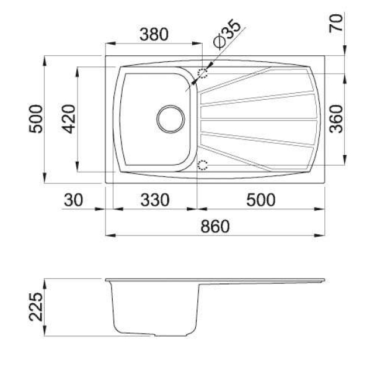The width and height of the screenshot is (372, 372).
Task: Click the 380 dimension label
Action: (154, 34)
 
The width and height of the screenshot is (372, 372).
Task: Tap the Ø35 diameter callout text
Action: (226, 34)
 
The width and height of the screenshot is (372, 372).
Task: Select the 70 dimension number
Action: (336, 23)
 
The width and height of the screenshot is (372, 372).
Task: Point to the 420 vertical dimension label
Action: (69, 119)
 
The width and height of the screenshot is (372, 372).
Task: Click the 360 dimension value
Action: (337, 119)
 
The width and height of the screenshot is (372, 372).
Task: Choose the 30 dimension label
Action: (74, 200)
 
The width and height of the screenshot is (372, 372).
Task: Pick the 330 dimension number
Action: (155, 200)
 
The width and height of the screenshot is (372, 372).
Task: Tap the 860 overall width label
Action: (215, 226)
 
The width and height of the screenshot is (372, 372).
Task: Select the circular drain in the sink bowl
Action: (171, 119)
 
